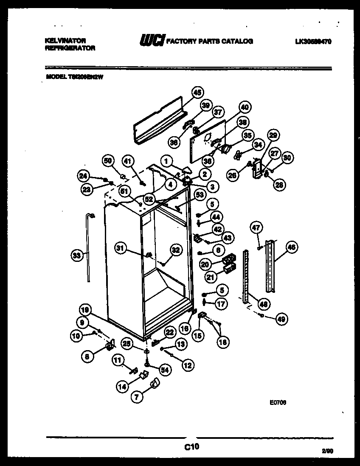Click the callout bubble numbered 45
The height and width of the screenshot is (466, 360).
[x=197, y=93]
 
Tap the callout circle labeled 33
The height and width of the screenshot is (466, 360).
[x=76, y=255]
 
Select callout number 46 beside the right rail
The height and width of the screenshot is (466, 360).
[x=292, y=247]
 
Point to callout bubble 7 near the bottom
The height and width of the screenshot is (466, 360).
[x=137, y=397]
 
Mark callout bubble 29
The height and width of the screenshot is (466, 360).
[x=273, y=135]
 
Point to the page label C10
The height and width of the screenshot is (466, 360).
[x=191, y=446]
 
